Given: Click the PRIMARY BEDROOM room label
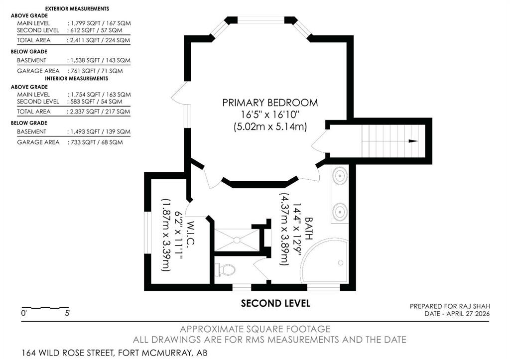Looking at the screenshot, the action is point(270,103).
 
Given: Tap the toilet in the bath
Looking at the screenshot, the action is point(227,270).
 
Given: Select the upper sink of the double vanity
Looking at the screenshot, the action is point(340,176).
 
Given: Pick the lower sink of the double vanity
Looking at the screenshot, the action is point(340,212).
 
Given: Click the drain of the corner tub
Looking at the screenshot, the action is point(341,263).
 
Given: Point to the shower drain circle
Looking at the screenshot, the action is point(237,240).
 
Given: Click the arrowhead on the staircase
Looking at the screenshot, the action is point(413,141).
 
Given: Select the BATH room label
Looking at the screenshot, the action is point(308,229).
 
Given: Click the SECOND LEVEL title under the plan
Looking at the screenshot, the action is point(275,303).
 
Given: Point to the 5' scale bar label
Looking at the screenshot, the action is point(68,314).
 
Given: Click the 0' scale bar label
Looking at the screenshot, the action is point(24,314).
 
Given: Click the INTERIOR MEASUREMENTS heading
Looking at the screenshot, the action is point(76,78).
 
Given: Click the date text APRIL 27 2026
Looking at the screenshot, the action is point(468,314).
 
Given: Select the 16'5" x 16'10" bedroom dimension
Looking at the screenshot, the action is point(270,115).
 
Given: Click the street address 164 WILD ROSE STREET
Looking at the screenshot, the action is point(68,353).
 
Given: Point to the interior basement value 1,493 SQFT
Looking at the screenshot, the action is point(85,132).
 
